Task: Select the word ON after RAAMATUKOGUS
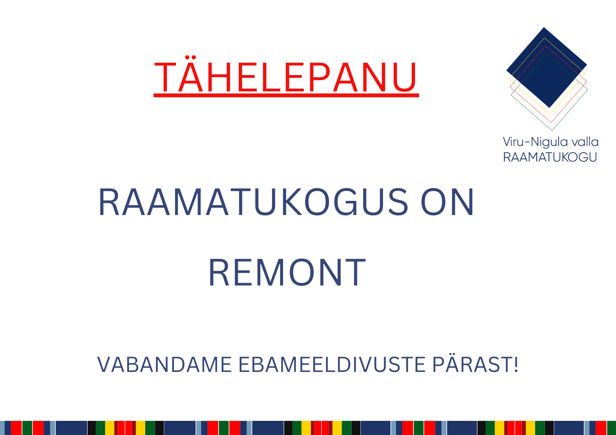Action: (x=447, y=202)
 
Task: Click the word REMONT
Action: (x=287, y=273)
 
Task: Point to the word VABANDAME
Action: (x=164, y=365)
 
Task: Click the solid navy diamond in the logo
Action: (x=547, y=67)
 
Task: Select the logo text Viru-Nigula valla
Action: (x=551, y=142)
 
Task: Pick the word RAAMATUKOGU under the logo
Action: (x=550, y=157)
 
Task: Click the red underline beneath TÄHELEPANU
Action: (x=286, y=95)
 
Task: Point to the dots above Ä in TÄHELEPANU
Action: (x=191, y=57)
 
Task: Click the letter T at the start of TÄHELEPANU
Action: (x=165, y=77)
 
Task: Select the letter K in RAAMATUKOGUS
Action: (x=292, y=202)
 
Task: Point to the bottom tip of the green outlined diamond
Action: (x=552, y=130)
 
